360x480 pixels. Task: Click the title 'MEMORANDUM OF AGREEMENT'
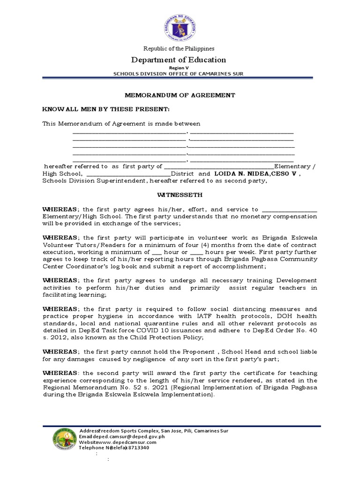click(x=180, y=95)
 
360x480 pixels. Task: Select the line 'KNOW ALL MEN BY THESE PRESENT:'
click(x=99, y=110)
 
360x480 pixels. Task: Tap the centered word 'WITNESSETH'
click(x=180, y=195)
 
